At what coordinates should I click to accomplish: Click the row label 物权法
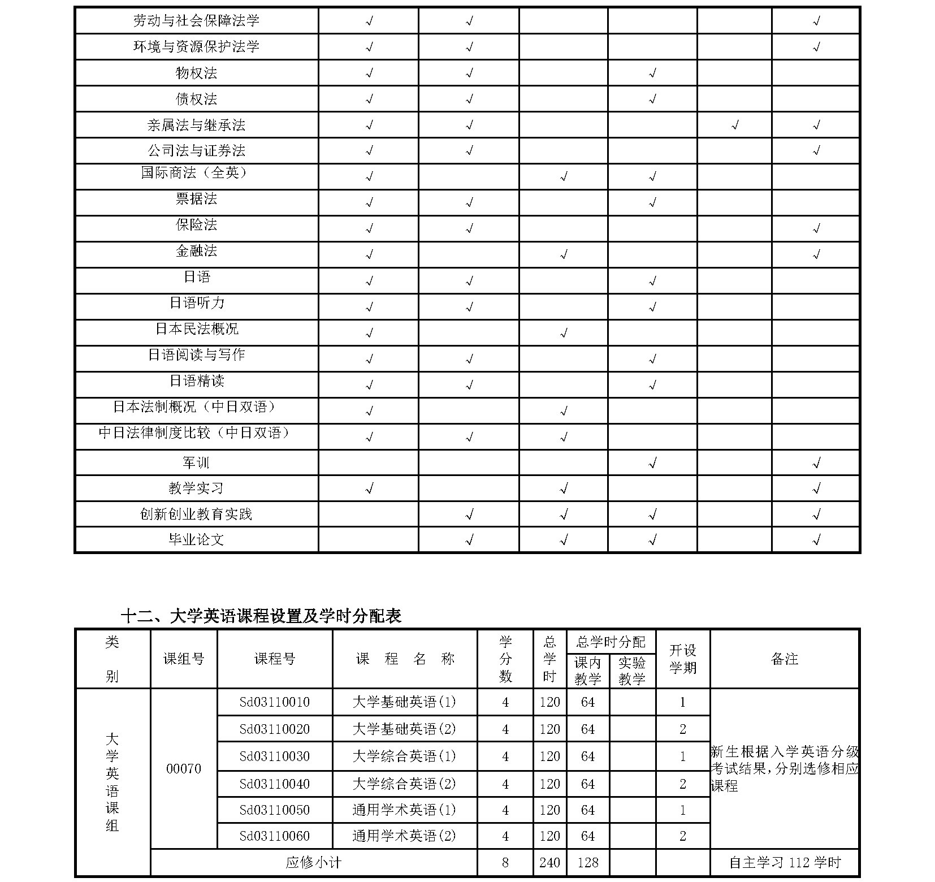click(196, 73)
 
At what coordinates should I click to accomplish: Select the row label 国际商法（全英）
click(194, 172)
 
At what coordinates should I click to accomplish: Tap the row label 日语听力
click(197, 303)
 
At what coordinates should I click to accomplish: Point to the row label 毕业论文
click(196, 539)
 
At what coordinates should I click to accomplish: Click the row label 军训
click(196, 463)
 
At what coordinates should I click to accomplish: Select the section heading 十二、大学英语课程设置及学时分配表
click(261, 616)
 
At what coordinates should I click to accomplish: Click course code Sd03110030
click(275, 756)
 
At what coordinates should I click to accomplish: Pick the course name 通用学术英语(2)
click(404, 836)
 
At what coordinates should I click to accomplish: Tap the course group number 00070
click(184, 769)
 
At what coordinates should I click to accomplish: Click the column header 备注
click(784, 659)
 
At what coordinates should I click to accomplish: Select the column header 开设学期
click(682, 659)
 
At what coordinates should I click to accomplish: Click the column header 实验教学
click(631, 671)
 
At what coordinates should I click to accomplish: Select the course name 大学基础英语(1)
click(404, 702)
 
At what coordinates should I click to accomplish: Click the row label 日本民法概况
click(197, 329)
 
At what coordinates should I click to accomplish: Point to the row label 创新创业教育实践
click(196, 514)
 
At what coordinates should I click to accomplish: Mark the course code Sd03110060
click(275, 836)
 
